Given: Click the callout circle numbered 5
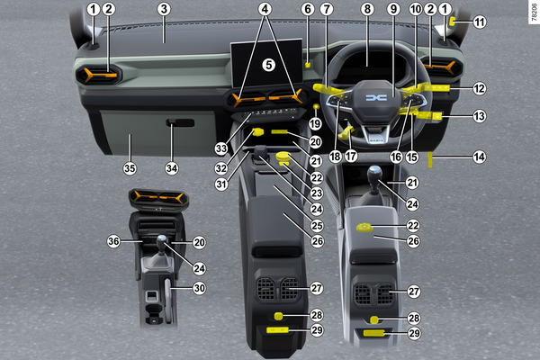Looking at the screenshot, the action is click(268, 65).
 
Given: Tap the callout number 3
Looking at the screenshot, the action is click(164, 9).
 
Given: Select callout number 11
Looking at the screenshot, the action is click(480, 22).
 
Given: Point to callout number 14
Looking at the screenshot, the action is click(479, 157).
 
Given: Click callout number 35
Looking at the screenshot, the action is click(130, 168).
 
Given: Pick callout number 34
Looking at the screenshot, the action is click(172, 168).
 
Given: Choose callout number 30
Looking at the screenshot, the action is click(200, 288).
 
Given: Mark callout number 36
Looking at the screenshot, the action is click(113, 241).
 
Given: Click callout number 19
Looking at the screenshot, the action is click(315, 123).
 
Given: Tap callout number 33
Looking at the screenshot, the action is click(221, 148).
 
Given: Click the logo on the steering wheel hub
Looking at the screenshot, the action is click(376, 98).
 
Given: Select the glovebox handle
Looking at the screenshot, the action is click(180, 122).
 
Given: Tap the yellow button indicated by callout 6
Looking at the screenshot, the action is click(308, 65).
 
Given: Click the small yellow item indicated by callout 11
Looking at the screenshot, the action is click(452, 22).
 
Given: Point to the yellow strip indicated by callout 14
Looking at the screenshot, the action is click(430, 159).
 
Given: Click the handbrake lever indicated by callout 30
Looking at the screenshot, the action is click(167, 301).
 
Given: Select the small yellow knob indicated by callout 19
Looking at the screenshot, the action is click(316, 107).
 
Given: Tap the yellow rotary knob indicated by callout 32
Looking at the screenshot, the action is click(257, 131).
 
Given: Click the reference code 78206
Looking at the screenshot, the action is click(534, 13).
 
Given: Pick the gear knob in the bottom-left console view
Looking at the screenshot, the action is click(162, 242).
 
